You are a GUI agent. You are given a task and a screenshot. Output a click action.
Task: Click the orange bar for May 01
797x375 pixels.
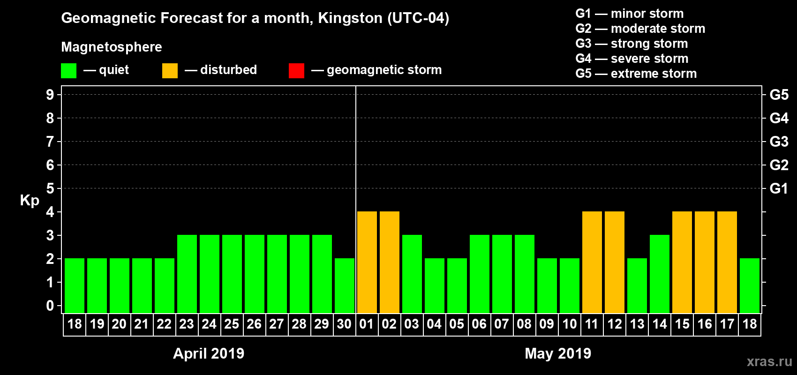(367, 262)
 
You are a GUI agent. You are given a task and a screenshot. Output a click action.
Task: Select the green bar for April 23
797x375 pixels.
(187, 274)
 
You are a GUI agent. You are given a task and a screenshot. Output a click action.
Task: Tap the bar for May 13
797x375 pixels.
(637, 285)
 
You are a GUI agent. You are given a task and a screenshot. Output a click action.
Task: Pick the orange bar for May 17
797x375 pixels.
(727, 262)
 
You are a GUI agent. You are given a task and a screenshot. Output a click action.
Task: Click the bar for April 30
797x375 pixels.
(344, 285)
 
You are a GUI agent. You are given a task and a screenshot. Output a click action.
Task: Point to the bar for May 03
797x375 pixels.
(412, 274)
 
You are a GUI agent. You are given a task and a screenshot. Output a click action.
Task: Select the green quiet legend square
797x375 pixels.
(68, 70)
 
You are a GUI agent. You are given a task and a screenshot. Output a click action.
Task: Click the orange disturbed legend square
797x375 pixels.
(170, 70)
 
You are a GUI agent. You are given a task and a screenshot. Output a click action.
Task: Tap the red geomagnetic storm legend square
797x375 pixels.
(296, 70)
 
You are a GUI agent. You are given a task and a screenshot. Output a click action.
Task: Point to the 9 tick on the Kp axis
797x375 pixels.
(50, 95)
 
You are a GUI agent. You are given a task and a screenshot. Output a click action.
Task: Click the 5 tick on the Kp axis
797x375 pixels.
(50, 188)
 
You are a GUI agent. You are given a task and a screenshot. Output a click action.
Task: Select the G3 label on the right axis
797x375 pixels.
(779, 142)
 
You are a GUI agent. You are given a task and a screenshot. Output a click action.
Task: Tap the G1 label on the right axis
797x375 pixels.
(779, 188)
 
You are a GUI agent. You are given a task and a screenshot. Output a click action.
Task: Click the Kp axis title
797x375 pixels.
(30, 201)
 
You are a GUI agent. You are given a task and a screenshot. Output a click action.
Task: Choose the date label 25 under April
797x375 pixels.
(232, 324)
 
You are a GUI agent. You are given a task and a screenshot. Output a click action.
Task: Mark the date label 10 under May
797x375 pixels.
(569, 324)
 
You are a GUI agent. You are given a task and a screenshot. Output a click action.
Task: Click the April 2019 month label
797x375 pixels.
(209, 353)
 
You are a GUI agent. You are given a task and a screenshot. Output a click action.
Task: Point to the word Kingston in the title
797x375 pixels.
(350, 18)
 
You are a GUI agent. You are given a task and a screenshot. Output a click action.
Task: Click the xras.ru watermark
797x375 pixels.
(769, 361)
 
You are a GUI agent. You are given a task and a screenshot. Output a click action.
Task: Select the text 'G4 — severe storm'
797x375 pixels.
(632, 59)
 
